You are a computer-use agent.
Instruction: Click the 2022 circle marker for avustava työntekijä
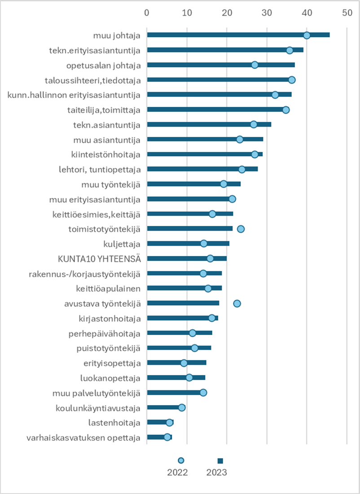[x=237, y=304]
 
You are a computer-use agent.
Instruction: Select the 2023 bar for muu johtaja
[x=238, y=35]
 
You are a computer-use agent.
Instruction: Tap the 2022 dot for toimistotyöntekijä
[x=241, y=229]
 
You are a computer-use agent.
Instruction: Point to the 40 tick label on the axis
[x=307, y=13]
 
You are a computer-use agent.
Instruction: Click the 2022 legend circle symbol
[x=181, y=460]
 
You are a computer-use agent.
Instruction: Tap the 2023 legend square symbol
[x=220, y=461]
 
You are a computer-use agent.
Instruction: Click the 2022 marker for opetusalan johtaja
[x=255, y=65]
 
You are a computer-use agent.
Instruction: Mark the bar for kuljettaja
[x=188, y=243]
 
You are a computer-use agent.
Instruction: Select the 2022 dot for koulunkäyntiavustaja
[x=182, y=407]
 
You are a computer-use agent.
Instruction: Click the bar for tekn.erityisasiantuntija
[x=225, y=50]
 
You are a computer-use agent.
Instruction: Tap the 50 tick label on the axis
[x=347, y=13]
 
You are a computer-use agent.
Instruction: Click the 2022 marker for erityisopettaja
[x=184, y=363]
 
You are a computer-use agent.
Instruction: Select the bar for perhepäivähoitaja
[x=180, y=333]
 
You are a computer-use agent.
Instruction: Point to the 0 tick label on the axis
[x=147, y=13]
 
